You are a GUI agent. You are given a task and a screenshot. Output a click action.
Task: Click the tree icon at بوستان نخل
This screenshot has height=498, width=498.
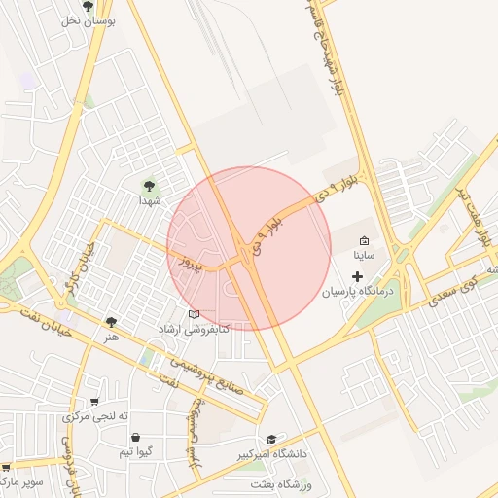pyautogui.click(x=89, y=6)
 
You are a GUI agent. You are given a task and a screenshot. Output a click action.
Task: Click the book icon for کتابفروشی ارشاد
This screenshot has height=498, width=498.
pyautogui.click(x=194, y=314)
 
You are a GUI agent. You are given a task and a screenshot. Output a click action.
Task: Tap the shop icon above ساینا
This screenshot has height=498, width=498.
pyautogui.click(x=365, y=241)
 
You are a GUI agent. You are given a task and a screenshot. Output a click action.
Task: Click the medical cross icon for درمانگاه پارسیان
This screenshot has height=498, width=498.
pyautogui.click(x=357, y=277)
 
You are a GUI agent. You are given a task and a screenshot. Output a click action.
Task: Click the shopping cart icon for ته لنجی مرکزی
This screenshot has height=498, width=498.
pyautogui.click(x=94, y=401)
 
